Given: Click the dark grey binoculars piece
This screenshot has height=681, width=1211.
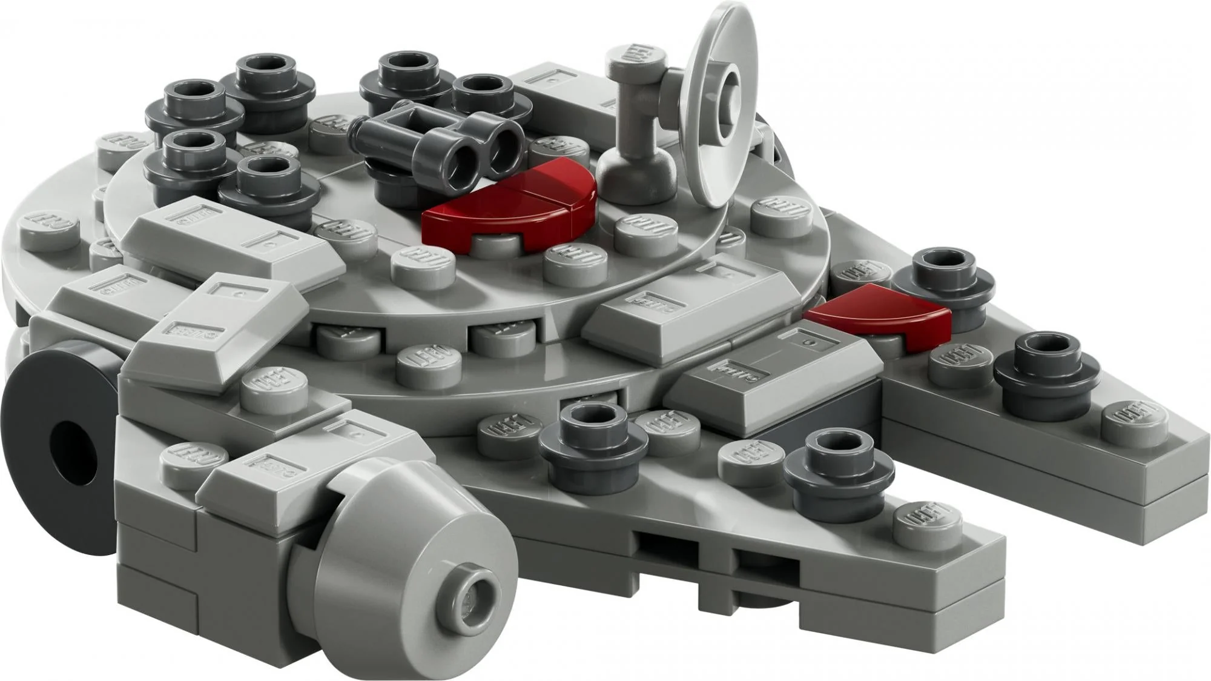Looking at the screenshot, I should click(x=448, y=142).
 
